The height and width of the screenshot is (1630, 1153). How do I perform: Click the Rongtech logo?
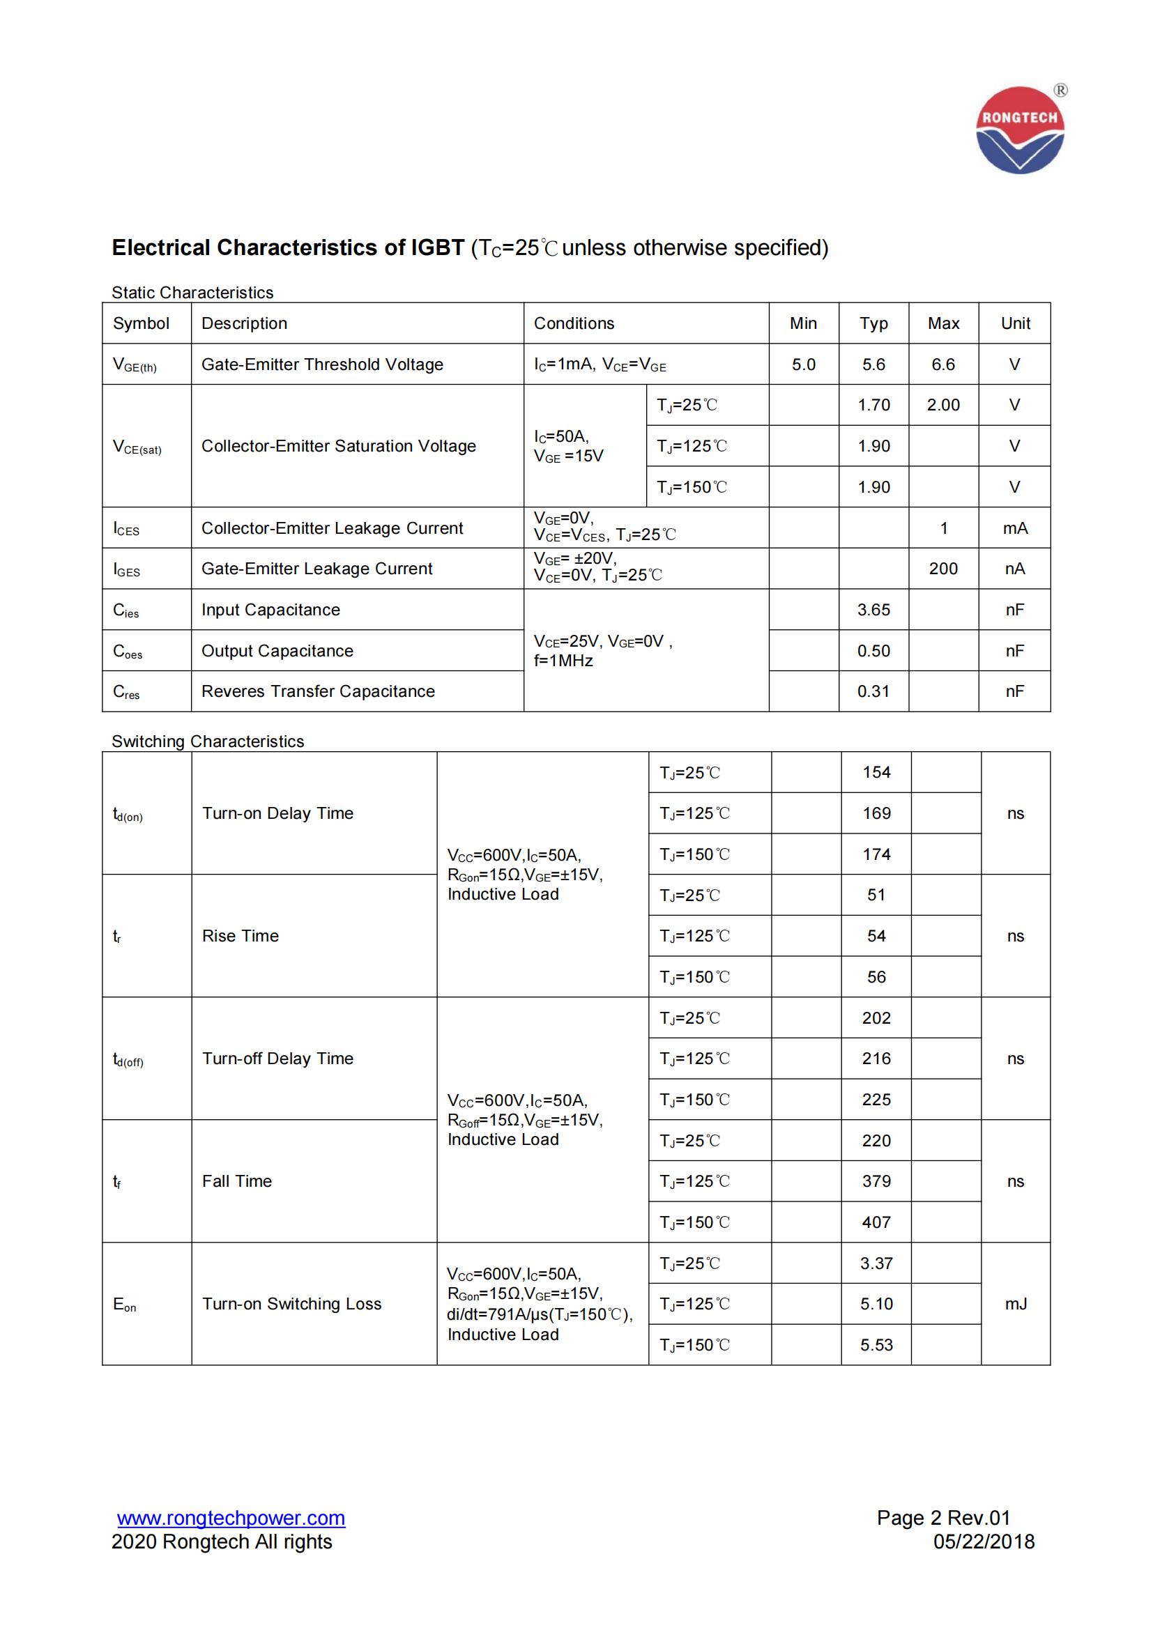pos(1020,130)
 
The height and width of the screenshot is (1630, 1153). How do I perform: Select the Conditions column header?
pos(574,324)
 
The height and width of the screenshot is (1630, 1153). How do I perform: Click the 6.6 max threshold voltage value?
pos(943,365)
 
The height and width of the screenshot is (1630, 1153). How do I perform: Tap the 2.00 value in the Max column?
pos(943,406)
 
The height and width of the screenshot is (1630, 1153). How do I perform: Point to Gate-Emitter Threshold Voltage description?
pos(322,365)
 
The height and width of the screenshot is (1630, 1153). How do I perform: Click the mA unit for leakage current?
pos(1014,528)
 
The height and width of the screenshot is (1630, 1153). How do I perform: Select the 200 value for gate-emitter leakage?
pos(943,569)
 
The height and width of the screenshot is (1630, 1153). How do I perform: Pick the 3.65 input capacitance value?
pos(873,610)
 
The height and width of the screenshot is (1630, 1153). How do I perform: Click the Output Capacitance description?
pos(277,651)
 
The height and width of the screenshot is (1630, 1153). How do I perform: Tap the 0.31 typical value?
pos(873,691)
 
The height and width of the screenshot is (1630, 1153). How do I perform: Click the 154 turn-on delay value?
pos(876,772)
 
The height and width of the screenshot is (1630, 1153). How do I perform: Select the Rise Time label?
pos(240,936)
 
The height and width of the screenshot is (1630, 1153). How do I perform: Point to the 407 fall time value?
pos(876,1222)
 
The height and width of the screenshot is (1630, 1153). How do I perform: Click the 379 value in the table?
pos(876,1181)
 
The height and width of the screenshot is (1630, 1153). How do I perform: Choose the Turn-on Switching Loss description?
pos(291,1303)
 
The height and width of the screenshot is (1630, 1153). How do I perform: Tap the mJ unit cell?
pos(1015,1303)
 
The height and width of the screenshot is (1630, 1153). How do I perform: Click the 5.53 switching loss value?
pos(876,1344)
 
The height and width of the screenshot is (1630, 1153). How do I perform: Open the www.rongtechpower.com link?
pos(231,1518)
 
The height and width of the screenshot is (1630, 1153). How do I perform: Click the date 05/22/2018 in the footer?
pos(984,1541)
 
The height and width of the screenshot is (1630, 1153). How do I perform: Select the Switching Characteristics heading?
pos(207,741)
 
